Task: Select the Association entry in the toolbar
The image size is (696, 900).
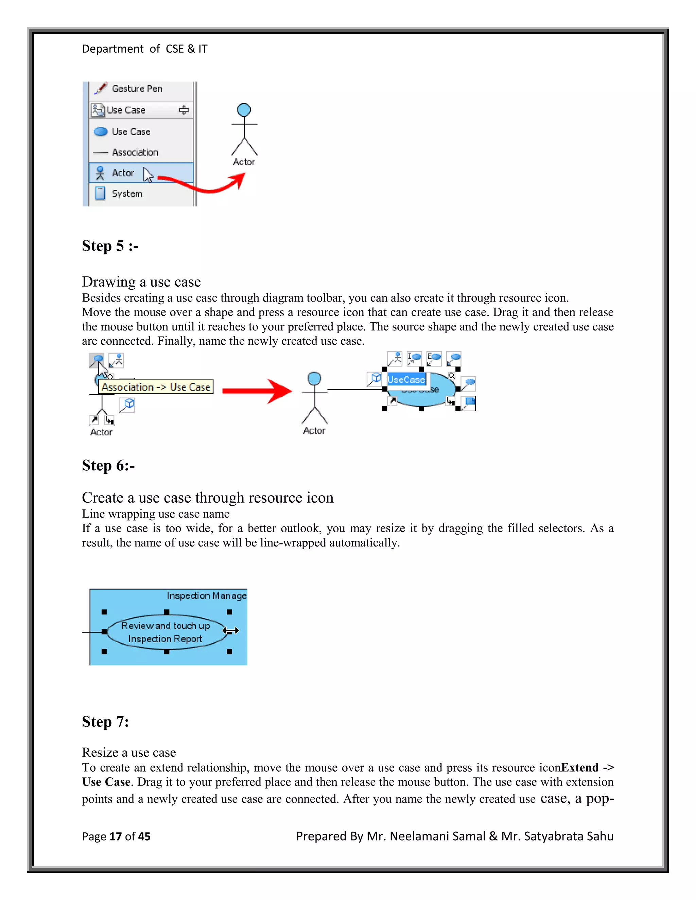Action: tap(135, 152)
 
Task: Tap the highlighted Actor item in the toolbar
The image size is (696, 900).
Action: tap(122, 173)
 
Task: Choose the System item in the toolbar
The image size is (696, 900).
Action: tap(126, 194)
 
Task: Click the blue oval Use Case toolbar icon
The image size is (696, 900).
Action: tap(101, 132)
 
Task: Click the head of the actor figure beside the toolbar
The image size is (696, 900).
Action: tap(244, 110)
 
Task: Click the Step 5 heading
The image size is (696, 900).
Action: tap(110, 246)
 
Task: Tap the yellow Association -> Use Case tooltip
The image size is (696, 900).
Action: tap(156, 387)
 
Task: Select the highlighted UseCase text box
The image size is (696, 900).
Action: tap(406, 380)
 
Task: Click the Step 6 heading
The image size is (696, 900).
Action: tap(108, 466)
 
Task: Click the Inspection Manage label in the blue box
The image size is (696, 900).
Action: tap(206, 596)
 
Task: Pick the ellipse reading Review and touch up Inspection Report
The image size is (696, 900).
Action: tap(166, 632)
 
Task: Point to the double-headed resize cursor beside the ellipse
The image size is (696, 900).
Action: tap(231, 630)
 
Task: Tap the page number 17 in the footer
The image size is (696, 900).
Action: tap(116, 836)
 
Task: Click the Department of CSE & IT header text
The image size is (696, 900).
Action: tap(144, 49)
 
